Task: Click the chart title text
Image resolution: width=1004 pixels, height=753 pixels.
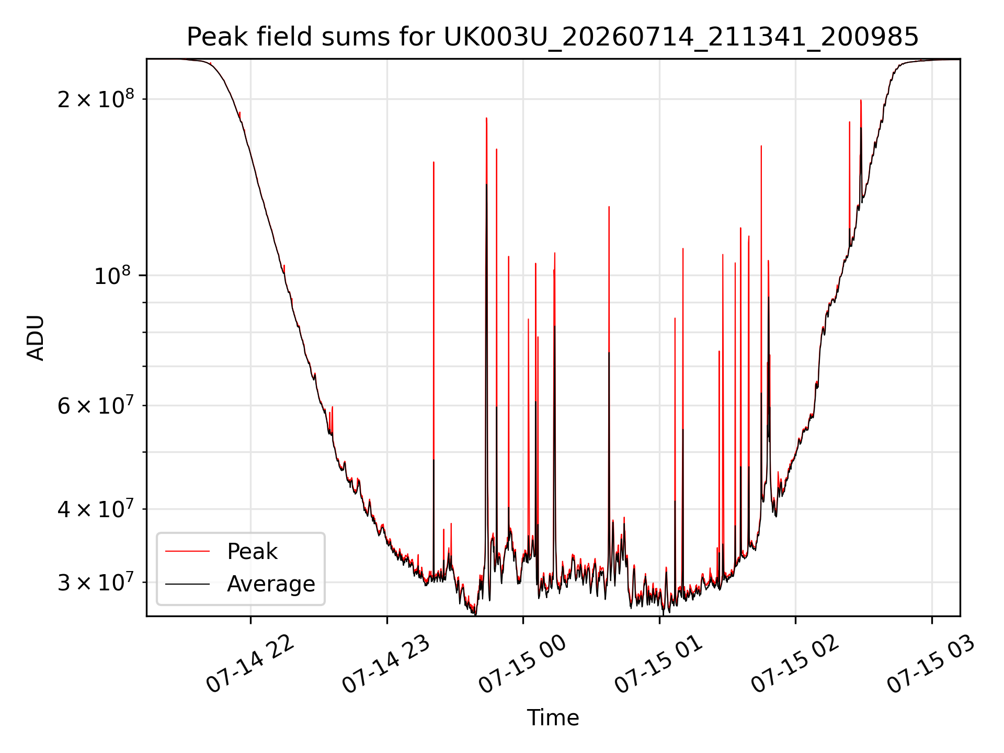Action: pos(553,37)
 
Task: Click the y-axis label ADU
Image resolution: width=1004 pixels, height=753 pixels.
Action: pos(36,338)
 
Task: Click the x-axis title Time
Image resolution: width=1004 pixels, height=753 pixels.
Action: pos(553,717)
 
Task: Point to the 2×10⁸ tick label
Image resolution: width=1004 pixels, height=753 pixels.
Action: pos(96,99)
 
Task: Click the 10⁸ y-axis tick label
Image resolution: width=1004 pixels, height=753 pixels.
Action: pos(114,275)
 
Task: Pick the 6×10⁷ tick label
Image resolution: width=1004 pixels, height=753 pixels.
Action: pos(96,405)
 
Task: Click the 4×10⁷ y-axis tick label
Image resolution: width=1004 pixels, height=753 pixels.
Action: pos(96,509)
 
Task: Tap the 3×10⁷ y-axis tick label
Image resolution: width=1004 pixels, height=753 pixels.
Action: pos(96,582)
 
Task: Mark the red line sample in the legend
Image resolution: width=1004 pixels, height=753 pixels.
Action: pos(187,551)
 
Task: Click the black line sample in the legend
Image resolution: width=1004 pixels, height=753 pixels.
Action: pos(187,584)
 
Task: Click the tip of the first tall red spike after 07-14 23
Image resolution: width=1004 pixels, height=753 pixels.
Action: pos(433,162)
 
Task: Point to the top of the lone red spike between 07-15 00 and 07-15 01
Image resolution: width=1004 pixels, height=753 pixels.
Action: pos(609,207)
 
